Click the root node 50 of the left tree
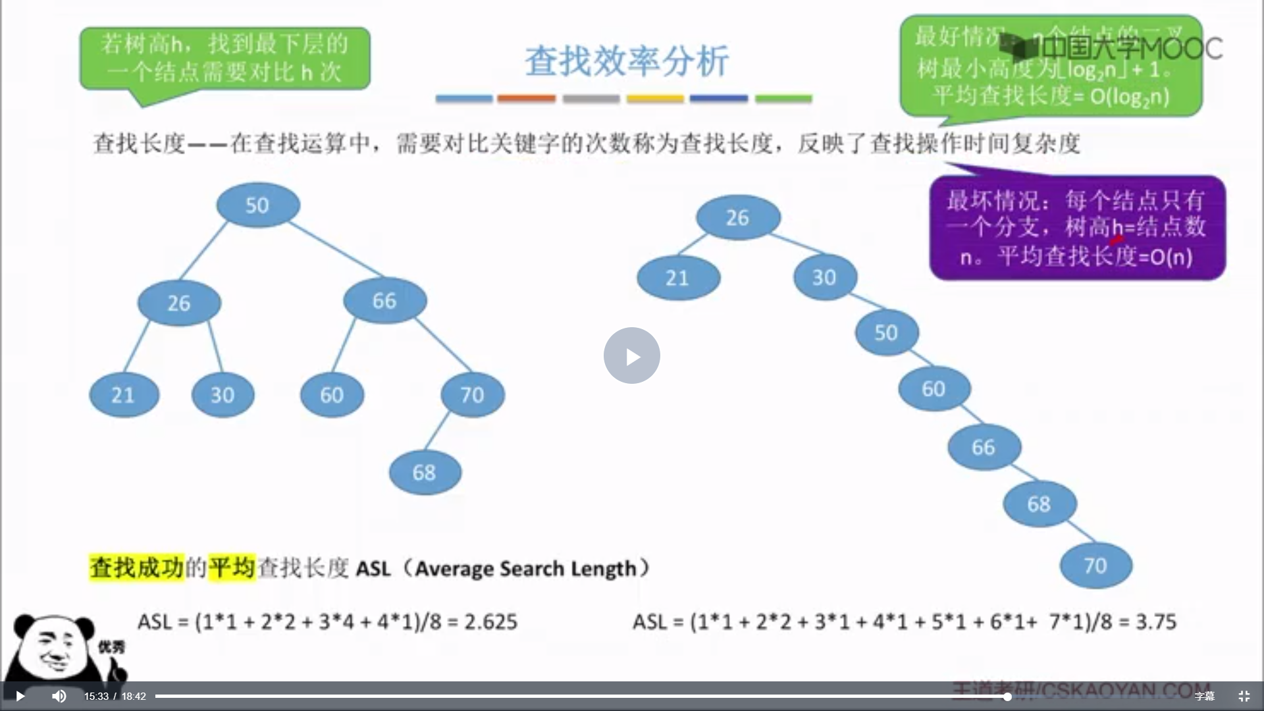tap(257, 205)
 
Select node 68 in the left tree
tap(425, 472)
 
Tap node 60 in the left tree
tap(332, 395)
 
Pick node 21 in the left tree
tap(124, 395)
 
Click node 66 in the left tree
tap(384, 301)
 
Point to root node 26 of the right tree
tap(738, 217)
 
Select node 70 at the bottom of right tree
tap(1095, 566)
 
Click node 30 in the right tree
tap(824, 277)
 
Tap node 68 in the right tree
tap(1040, 504)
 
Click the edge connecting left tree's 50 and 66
tap(336, 250)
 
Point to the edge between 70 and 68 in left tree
tap(438, 431)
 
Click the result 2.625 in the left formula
tap(490, 621)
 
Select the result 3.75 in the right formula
tap(1156, 621)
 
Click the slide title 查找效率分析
tap(626, 61)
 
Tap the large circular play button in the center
tap(632, 355)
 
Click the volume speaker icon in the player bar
tap(59, 696)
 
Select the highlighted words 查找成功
tap(136, 567)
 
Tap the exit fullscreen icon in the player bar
tap(1244, 696)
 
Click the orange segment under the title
tap(526, 99)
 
